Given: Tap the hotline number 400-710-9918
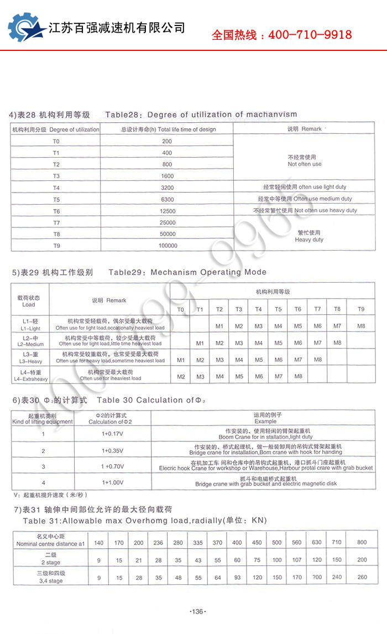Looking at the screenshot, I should (310, 35).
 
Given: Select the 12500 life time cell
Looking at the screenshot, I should (167, 211).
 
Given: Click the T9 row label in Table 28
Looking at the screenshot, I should (56, 246).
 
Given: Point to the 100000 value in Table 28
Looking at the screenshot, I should (168, 246).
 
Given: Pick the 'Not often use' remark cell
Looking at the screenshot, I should (304, 161).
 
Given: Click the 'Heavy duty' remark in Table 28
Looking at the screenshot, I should (309, 237).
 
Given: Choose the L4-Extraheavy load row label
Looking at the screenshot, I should (30, 376).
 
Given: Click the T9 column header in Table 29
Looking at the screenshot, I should (361, 309).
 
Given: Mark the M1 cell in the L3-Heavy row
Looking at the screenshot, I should (181, 360).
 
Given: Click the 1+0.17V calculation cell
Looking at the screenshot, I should (112, 433).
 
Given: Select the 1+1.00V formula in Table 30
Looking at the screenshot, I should (112, 482).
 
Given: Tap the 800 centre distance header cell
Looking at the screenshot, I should (362, 542).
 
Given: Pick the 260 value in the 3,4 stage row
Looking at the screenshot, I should (362, 578).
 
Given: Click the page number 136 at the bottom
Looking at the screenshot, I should (197, 611).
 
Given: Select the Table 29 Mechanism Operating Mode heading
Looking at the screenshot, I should (187, 272).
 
